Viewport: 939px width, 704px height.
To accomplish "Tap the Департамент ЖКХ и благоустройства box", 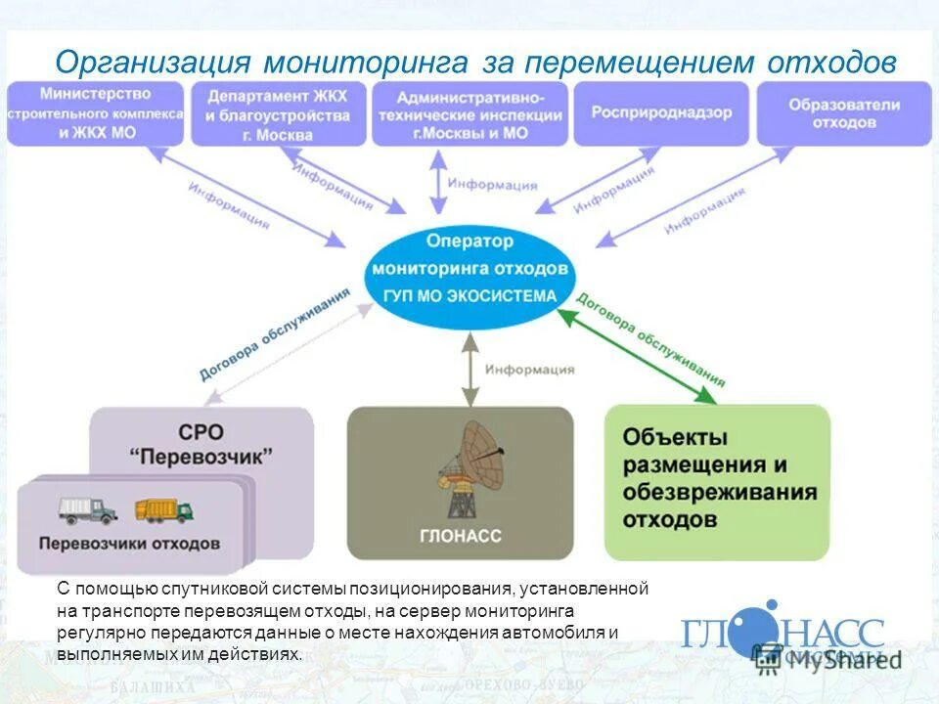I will (x=278, y=113).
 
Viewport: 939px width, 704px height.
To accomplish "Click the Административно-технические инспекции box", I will (x=469, y=113).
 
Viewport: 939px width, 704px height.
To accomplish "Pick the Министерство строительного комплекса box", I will (x=95, y=112).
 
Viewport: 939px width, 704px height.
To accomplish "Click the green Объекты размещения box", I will (x=717, y=479).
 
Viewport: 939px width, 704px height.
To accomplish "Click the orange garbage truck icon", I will (x=162, y=509).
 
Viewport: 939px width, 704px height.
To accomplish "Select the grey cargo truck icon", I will (x=86, y=509).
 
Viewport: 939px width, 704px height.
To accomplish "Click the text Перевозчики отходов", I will (x=130, y=544).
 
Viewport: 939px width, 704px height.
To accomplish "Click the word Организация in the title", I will (x=155, y=62).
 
